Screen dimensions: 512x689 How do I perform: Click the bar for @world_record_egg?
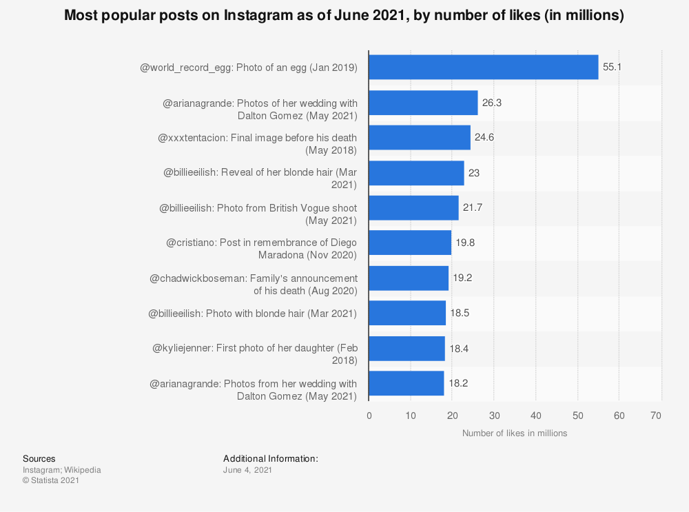point(483,68)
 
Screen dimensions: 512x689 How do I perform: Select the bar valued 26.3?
point(423,103)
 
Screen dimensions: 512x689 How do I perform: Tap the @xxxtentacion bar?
point(420,138)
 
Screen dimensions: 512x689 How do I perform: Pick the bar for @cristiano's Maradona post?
point(410,243)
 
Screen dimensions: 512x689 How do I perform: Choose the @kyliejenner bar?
point(407,349)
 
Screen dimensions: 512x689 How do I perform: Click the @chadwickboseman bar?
point(409,278)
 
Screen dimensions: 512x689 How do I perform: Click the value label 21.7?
point(473,207)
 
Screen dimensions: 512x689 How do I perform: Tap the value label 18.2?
point(458,383)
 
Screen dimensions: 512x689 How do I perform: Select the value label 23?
point(474,173)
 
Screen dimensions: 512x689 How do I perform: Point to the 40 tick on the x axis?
point(536,416)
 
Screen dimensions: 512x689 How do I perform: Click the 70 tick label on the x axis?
point(657,416)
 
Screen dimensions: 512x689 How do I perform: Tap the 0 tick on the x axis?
point(369,416)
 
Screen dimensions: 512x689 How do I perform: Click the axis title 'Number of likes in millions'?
point(515,433)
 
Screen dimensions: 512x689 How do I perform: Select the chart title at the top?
point(344,16)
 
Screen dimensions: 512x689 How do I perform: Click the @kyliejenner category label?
point(254,354)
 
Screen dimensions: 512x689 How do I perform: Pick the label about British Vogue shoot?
point(258,214)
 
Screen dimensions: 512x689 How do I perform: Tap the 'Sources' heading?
point(39,459)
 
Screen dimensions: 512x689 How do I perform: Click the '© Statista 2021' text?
point(51,481)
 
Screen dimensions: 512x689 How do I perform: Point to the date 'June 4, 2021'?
point(247,470)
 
